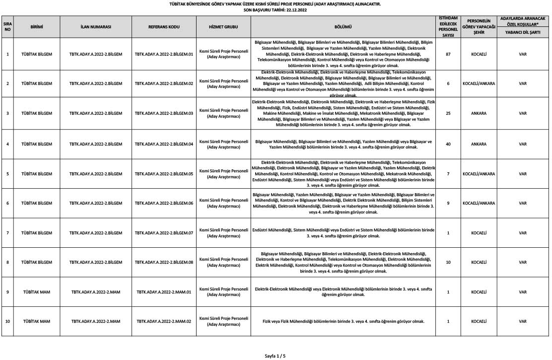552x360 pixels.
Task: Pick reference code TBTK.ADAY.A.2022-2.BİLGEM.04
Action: pyautogui.click(x=164, y=144)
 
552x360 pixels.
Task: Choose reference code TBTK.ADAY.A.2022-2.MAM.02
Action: pyautogui.click(x=164, y=321)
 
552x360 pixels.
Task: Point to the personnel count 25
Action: pyautogui.click(x=448, y=113)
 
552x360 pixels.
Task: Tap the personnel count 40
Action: pyautogui.click(x=448, y=144)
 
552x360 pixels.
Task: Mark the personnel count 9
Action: pyautogui.click(x=448, y=203)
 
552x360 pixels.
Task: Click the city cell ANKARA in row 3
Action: pyautogui.click(x=479, y=113)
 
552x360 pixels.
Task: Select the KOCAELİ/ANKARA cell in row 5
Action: pyautogui.click(x=479, y=174)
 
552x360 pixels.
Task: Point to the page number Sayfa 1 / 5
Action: pyautogui.click(x=276, y=356)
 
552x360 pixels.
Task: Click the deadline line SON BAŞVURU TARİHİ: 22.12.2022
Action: pyautogui.click(x=276, y=9)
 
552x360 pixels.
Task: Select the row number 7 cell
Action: pyautogui.click(x=7, y=233)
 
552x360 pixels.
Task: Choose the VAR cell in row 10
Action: pyautogui.click(x=523, y=321)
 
